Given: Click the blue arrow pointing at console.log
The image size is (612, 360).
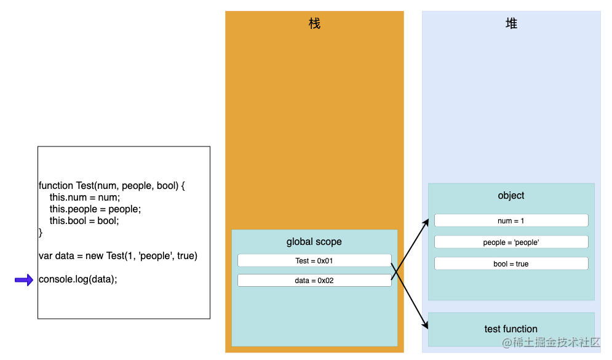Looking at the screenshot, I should (x=24, y=280).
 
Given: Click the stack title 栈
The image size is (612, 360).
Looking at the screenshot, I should (x=314, y=23).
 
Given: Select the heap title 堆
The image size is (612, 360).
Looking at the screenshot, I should (x=511, y=23).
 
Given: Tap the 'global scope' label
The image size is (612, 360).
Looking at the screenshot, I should (x=314, y=242).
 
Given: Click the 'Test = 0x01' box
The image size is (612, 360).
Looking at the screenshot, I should (x=314, y=260).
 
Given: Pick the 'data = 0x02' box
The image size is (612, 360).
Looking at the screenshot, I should (x=314, y=281).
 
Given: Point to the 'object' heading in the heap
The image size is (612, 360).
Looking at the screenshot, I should (x=511, y=196).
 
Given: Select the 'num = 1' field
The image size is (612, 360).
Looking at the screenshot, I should (x=511, y=220).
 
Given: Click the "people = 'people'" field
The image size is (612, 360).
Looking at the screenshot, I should (x=511, y=242).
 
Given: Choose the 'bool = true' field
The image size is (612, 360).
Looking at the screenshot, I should (x=511, y=263).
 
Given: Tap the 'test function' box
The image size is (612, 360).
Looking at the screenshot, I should (x=511, y=329).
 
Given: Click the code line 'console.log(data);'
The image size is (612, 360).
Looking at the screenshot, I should (x=77, y=279).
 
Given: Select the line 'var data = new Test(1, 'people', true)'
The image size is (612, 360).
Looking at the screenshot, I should (x=117, y=255).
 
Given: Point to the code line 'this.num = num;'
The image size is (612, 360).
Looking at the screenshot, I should (x=85, y=198).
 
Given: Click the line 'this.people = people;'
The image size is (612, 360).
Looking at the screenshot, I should (x=95, y=209).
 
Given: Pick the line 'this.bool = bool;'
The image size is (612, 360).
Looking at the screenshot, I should (x=84, y=221).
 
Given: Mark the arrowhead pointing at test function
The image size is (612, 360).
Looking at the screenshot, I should (x=426, y=326).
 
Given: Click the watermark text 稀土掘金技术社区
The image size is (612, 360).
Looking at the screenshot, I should (x=557, y=343).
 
